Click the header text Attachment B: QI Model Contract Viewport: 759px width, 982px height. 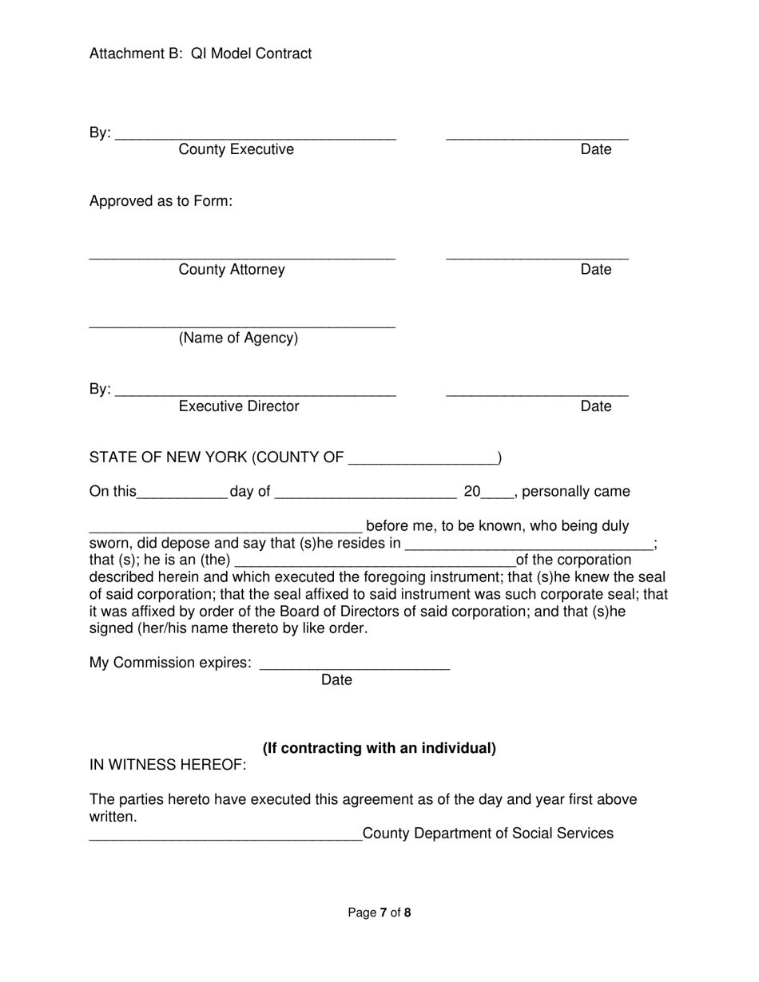[x=201, y=53]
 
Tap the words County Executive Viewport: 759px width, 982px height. [x=236, y=150]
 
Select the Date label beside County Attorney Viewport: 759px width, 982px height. [x=595, y=270]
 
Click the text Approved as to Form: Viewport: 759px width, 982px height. [x=161, y=201]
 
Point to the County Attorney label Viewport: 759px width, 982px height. [x=231, y=270]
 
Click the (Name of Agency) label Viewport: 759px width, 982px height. [x=238, y=339]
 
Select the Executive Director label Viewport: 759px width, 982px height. [x=238, y=406]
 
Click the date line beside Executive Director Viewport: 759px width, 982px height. [x=537, y=394]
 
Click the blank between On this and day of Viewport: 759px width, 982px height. [x=183, y=497]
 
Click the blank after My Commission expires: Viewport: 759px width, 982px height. [x=355, y=667]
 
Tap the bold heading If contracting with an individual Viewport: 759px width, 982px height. [x=379, y=749]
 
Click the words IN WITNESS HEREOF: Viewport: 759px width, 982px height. [x=168, y=766]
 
